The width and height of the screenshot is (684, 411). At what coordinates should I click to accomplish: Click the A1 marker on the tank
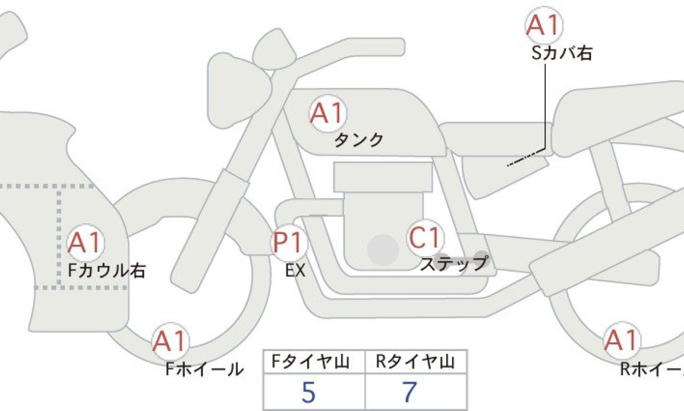point(328,113)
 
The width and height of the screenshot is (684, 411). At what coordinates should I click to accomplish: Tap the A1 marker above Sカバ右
point(544,25)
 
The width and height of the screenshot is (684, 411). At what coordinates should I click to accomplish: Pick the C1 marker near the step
point(426,237)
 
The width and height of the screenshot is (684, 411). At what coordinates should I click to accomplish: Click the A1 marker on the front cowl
point(85,243)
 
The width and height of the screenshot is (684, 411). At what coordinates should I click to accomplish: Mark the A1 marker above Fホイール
point(170,341)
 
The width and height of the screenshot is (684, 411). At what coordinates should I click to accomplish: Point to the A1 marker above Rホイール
point(622,340)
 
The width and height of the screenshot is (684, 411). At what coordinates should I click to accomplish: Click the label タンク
point(359,140)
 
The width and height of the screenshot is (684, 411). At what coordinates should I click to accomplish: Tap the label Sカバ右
point(562,53)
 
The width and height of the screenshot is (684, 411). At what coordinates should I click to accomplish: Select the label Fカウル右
point(107,271)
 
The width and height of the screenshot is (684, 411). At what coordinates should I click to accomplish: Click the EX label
point(295,271)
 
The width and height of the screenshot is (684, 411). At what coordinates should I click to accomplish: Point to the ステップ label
point(454,264)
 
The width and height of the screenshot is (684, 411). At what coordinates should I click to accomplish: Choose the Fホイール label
point(205,369)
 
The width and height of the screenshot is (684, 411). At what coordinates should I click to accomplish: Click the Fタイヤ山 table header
point(311,361)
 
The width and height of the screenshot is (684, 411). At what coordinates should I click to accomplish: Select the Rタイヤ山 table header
point(416,361)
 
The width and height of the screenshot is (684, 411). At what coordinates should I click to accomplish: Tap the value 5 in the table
point(308,392)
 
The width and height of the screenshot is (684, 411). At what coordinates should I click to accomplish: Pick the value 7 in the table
point(410,392)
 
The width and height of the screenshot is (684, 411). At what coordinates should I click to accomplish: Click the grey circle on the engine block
point(383,250)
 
